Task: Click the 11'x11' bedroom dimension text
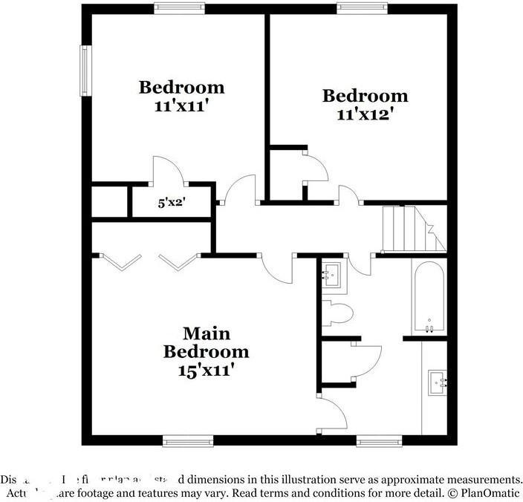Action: [181, 106]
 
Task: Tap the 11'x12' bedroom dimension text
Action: [364, 114]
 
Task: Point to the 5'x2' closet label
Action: [172, 202]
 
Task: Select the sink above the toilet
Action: [331, 275]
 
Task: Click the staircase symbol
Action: [412, 229]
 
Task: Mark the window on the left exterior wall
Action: [85, 71]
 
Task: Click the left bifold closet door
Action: [120, 261]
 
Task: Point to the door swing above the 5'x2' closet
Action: [169, 171]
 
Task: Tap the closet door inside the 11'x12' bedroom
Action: [316, 166]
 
